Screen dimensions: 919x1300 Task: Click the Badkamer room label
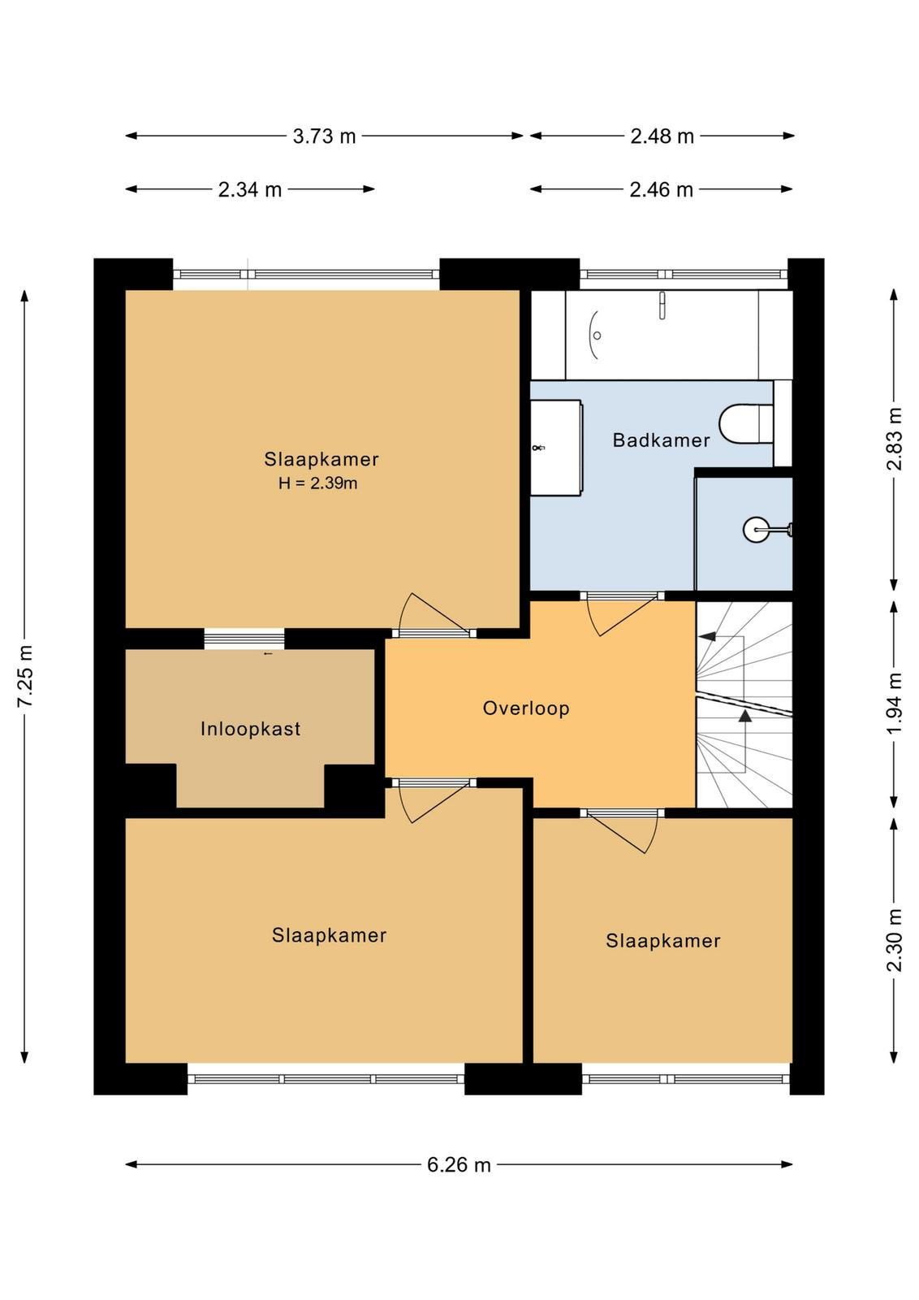pos(661,440)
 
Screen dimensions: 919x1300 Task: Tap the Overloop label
pos(526,708)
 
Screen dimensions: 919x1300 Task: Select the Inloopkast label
pos(251,729)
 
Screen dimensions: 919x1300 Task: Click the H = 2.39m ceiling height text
pos(317,483)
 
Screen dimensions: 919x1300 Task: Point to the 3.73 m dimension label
pos(324,136)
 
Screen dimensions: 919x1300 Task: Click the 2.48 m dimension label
pos(662,136)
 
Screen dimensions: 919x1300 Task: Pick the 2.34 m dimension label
pos(250,190)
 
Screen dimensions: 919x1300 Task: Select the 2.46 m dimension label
pos(662,190)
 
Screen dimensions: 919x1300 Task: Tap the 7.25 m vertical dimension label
pos(26,676)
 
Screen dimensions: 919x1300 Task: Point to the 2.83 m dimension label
pos(895,439)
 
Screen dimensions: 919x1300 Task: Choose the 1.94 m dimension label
pos(895,704)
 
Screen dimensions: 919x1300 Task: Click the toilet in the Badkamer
pos(746,423)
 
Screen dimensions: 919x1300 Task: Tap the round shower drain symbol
pos(757,529)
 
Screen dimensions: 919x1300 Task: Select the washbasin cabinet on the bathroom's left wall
pos(557,448)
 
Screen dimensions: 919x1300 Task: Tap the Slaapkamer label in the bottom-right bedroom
pos(662,941)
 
